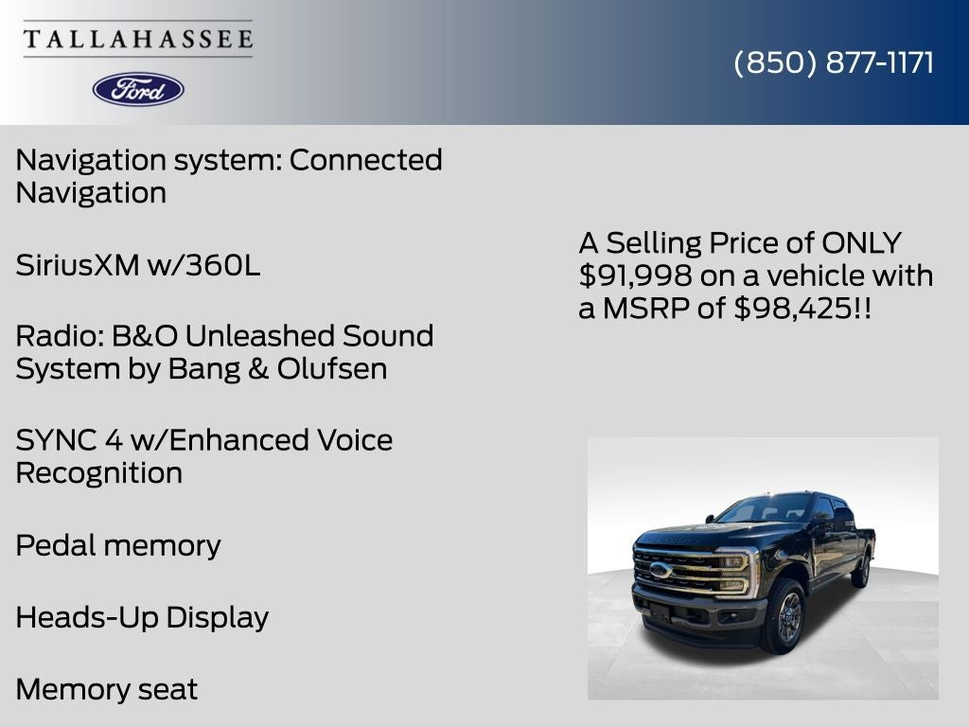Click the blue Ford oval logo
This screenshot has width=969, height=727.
click(138, 89)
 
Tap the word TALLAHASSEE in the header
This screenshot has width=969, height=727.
click(138, 40)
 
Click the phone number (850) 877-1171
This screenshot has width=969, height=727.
click(834, 62)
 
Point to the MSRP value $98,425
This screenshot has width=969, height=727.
click(792, 308)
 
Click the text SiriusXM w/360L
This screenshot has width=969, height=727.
click(137, 265)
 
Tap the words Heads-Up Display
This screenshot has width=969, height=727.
click(142, 617)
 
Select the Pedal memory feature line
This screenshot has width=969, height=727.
click(118, 545)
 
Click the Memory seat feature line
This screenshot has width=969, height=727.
click(107, 689)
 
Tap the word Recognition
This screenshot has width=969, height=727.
click(98, 472)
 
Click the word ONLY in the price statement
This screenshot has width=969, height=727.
click(861, 243)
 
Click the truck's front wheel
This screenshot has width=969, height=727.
click(784, 618)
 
